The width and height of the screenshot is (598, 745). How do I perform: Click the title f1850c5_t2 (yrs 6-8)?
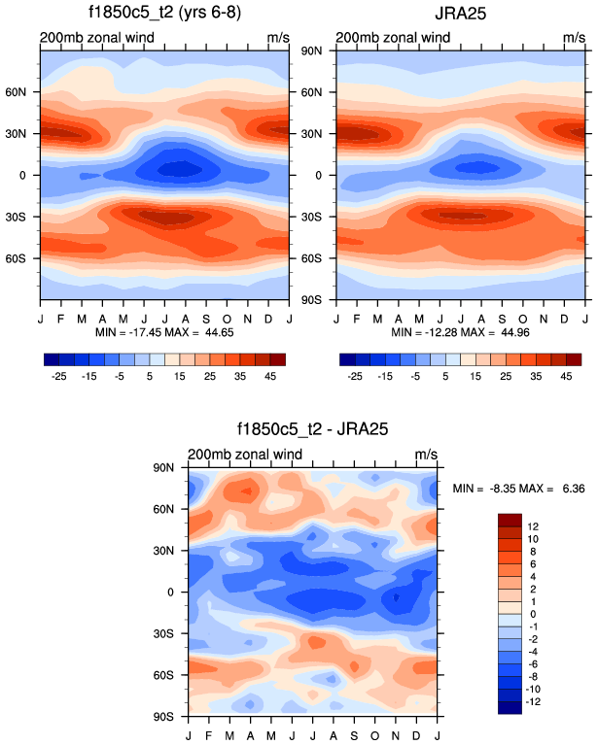[164, 14]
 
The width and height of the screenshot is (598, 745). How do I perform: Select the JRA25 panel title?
[461, 14]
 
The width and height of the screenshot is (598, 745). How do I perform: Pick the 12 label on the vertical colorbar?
[534, 525]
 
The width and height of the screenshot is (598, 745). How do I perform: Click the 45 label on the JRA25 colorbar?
[563, 373]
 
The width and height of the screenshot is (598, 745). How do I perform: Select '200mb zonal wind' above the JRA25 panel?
[393, 39]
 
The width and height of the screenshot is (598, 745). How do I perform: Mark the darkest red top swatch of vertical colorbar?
[511, 520]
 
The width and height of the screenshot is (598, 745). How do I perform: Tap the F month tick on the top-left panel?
[60, 317]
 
